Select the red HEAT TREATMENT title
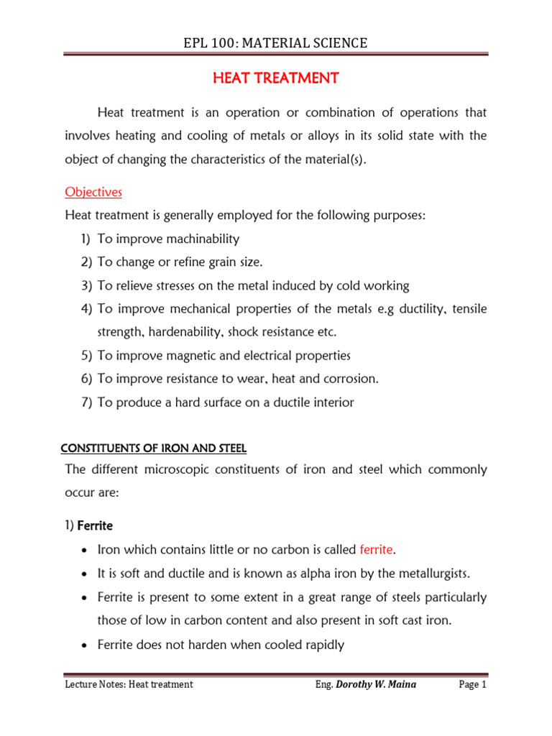pos(275,78)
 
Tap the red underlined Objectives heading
pos(93,192)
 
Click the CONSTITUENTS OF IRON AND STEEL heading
pos(153,448)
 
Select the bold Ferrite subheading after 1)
pos(95,525)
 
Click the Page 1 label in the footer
pos(472,685)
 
